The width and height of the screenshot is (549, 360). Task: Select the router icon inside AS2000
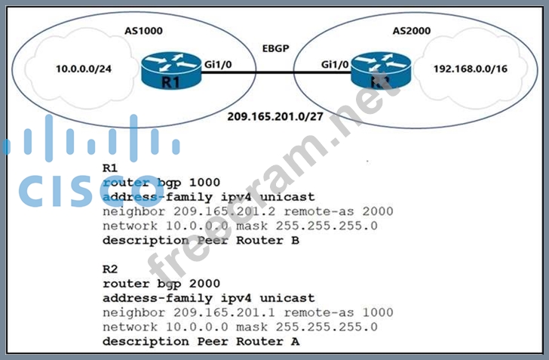[x=376, y=71]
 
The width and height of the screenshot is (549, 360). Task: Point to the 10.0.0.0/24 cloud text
[x=85, y=69]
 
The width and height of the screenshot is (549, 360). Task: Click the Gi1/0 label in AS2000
[x=335, y=65]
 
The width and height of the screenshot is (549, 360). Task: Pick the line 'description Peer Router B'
[x=201, y=241]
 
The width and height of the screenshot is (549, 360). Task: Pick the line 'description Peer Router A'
[x=201, y=341]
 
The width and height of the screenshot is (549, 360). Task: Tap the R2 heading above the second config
[x=110, y=269]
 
